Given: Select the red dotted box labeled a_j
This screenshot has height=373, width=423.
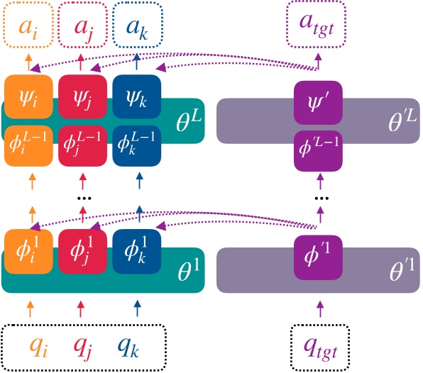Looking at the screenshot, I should tap(83, 28).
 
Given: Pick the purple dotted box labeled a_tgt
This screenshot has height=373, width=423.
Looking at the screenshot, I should tap(318, 28).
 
